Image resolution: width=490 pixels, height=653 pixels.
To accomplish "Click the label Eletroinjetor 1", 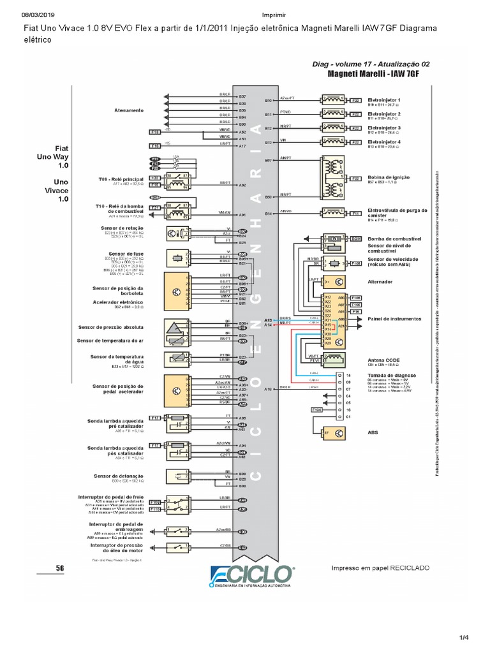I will pyautogui.click(x=384, y=100).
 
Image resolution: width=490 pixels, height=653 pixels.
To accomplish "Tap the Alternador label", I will pyautogui.click(x=380, y=281).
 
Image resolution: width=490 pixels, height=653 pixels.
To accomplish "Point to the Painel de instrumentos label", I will pyautogui.click(x=394, y=318).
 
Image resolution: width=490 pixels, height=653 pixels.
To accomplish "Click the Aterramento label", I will pyautogui.click(x=130, y=110).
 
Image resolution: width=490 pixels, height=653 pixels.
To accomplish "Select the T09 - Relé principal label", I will pyautogui.click(x=120, y=179).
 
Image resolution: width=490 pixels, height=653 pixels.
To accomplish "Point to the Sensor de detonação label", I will pyautogui.click(x=118, y=476).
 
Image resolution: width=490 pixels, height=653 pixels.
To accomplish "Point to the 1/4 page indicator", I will pyautogui.click(x=463, y=638).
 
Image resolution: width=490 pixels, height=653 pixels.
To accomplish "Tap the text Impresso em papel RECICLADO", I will pyautogui.click(x=380, y=568).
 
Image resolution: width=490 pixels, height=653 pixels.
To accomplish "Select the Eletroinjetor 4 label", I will pyautogui.click(x=384, y=142).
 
